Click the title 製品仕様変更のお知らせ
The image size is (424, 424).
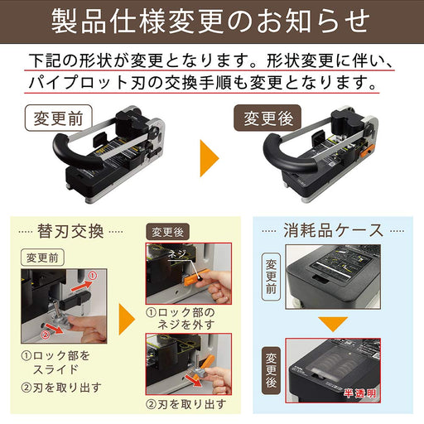[x=211, y=20]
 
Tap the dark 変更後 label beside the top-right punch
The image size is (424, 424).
[x=267, y=118]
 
